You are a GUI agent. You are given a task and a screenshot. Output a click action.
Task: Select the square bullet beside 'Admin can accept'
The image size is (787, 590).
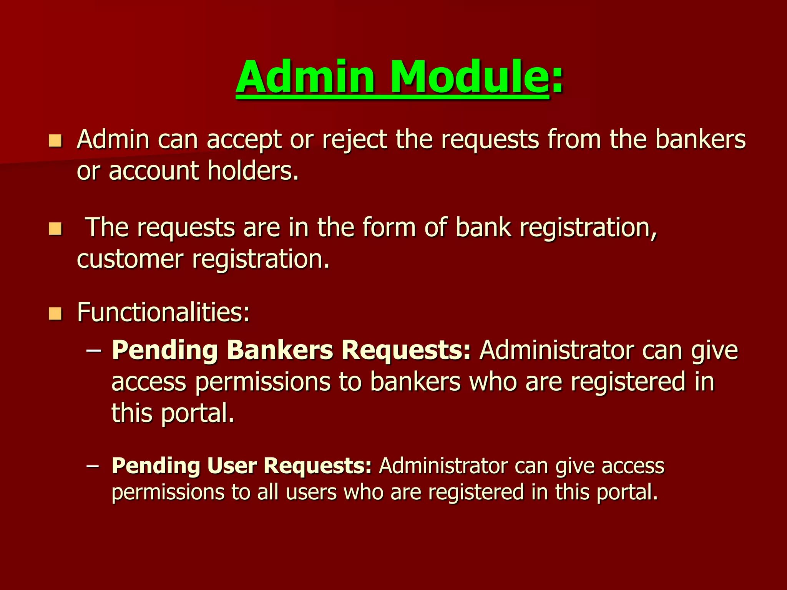tap(55, 141)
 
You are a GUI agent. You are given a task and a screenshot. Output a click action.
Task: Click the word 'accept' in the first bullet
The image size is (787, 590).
tap(244, 140)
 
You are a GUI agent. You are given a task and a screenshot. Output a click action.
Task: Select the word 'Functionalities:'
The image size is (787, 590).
tap(164, 312)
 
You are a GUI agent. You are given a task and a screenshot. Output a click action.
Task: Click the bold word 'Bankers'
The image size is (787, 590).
tap(280, 350)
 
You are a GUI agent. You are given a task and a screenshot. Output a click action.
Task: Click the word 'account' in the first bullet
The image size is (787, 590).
tap(154, 171)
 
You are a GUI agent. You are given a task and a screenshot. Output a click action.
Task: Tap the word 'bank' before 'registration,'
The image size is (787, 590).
tap(483, 227)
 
